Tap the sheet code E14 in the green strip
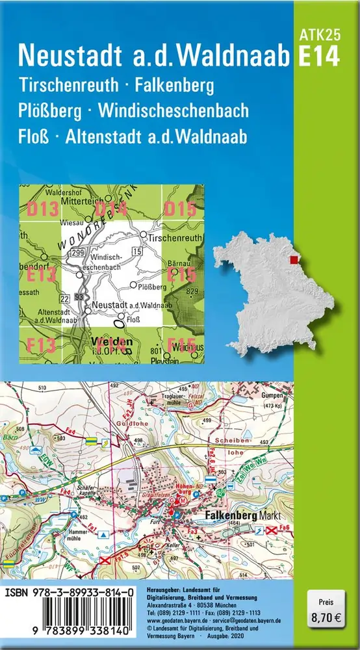pyautogui.click(x=318, y=57)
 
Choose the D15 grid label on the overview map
pyautogui.click(x=179, y=209)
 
